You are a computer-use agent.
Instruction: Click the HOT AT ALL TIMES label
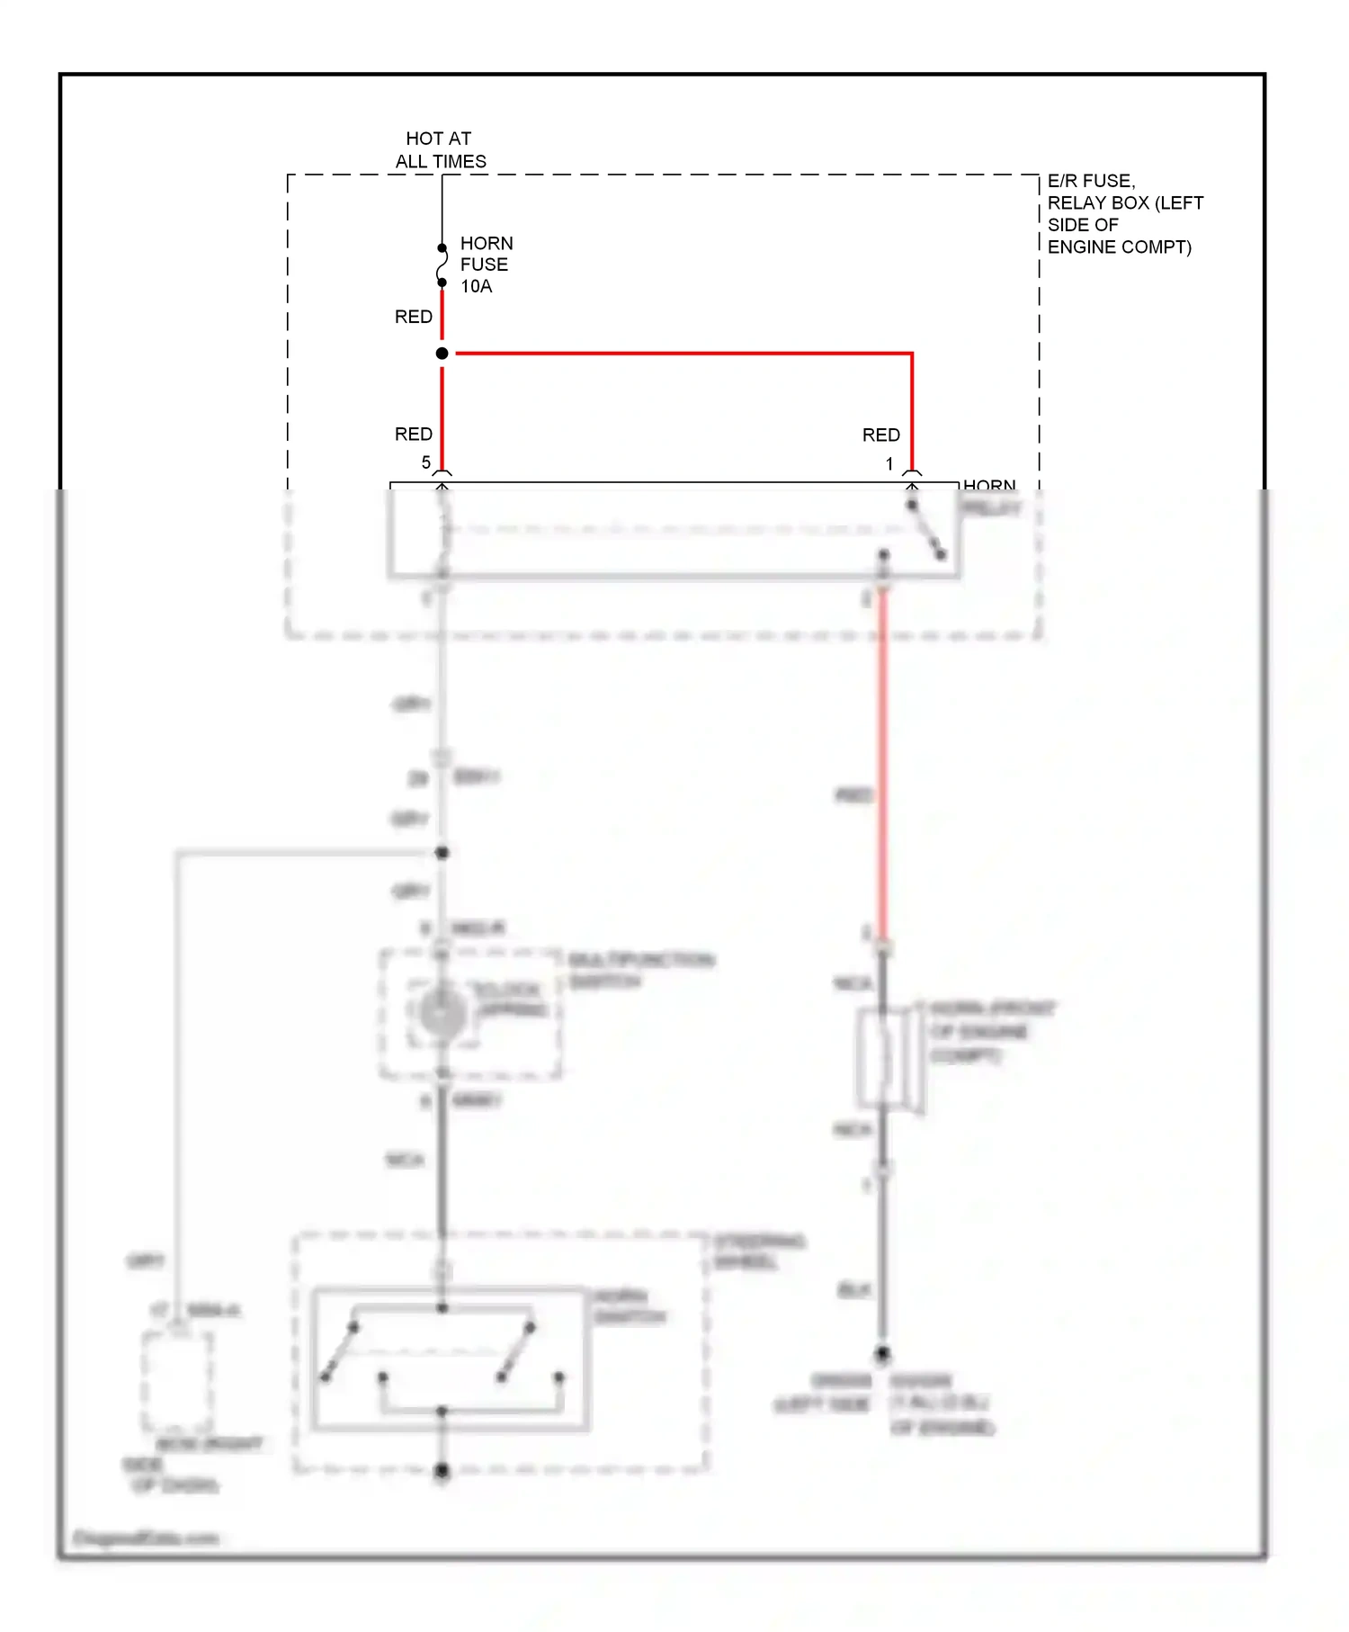tap(440, 149)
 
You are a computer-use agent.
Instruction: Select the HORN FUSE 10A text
tap(486, 265)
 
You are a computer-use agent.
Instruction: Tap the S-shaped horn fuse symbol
tap(442, 265)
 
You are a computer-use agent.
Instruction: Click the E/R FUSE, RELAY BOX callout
tap(1124, 214)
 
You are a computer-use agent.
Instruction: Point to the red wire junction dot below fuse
tap(442, 354)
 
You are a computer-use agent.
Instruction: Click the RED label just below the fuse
tap(413, 317)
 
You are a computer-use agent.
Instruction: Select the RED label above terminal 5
tap(413, 435)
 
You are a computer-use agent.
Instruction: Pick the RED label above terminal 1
tap(880, 435)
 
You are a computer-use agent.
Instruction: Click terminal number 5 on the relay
tap(426, 462)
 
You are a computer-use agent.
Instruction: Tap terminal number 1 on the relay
tap(889, 464)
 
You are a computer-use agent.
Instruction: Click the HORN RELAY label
tap(989, 497)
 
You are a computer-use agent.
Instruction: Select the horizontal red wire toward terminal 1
tap(683, 354)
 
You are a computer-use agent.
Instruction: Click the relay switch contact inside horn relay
tap(926, 530)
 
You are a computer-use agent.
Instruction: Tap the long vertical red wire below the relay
tap(883, 765)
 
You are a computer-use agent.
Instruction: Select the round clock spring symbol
tap(442, 1014)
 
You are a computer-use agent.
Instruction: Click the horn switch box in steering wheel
tap(450, 1359)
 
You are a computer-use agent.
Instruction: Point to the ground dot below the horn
tap(883, 1353)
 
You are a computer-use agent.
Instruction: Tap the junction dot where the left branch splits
tap(442, 852)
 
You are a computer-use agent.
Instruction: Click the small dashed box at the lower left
tap(177, 1381)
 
